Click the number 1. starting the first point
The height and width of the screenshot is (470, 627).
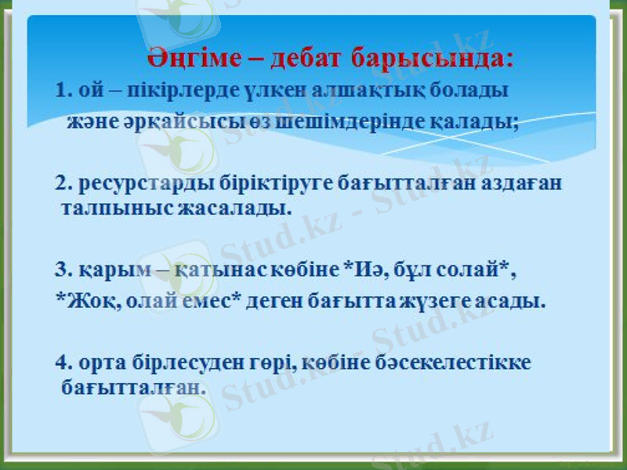[x=63, y=89]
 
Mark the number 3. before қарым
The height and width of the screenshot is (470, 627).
[x=63, y=271]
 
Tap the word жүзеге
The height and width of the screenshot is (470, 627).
[x=446, y=302]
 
